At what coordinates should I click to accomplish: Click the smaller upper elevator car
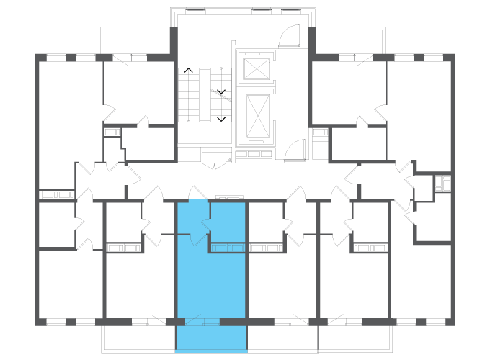(256, 68)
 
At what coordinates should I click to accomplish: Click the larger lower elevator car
(257, 115)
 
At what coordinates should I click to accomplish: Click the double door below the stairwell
(214, 165)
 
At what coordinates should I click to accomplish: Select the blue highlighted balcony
(211, 338)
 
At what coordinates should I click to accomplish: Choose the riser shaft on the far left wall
(57, 194)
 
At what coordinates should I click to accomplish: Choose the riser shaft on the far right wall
(442, 182)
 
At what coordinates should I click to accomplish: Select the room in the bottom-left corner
(71, 284)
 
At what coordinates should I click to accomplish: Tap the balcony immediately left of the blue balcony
(138, 338)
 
